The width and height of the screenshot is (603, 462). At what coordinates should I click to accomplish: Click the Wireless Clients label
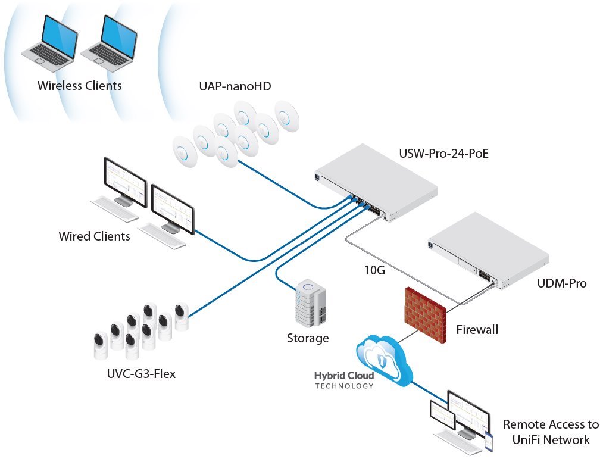[x=79, y=86]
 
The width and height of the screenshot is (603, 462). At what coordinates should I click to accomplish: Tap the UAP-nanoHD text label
[x=235, y=86]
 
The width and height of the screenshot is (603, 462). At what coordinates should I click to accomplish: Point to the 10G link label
[x=374, y=271]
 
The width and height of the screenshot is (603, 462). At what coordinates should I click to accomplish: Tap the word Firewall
[x=477, y=329]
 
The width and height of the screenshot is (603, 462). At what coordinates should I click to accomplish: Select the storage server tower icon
[x=310, y=304]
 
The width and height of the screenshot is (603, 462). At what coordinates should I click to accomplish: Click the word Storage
[x=308, y=339]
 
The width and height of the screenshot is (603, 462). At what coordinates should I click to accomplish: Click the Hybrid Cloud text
[x=344, y=376]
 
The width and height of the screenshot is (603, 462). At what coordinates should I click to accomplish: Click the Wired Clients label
[x=94, y=236]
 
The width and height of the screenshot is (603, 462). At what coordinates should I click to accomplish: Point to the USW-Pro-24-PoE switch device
[x=376, y=182]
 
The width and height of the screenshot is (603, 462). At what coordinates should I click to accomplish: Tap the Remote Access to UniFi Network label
[x=551, y=432]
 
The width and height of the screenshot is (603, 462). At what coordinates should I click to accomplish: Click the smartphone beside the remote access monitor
[x=489, y=441]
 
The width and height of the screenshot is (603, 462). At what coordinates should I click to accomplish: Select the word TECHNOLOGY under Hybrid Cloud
[x=344, y=386]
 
